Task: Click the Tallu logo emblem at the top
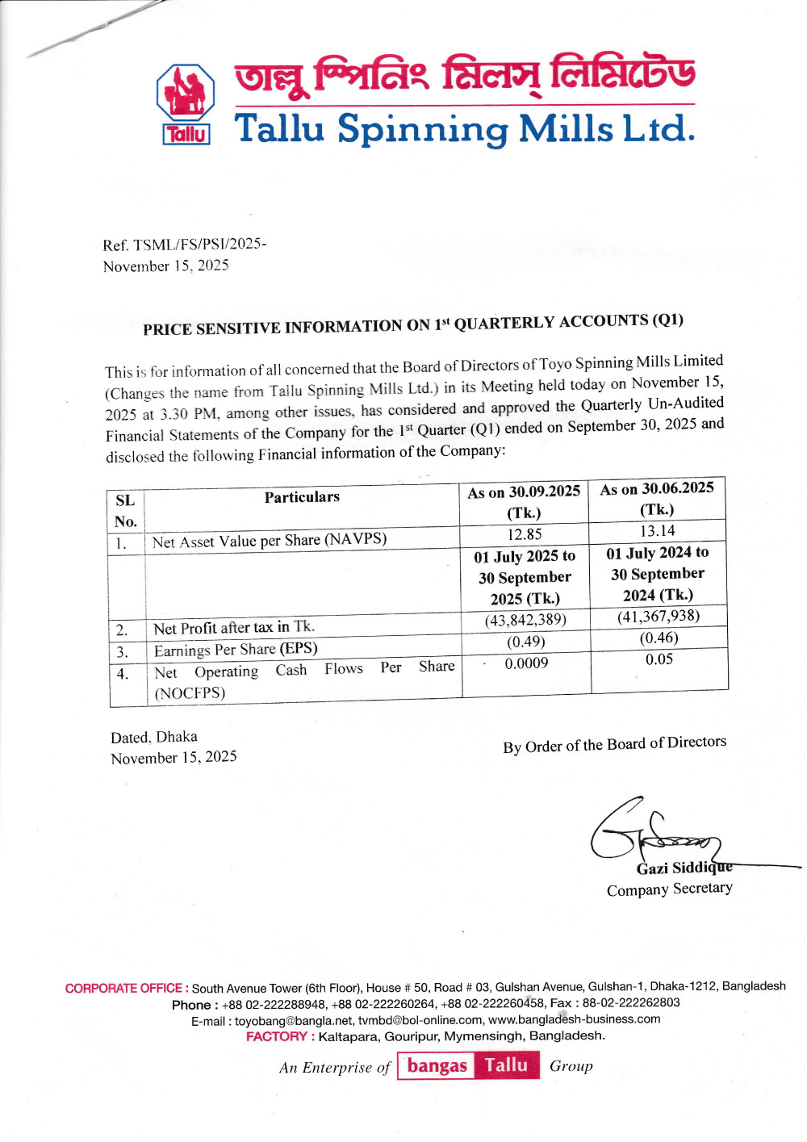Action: (x=186, y=103)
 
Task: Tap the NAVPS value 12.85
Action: (x=525, y=534)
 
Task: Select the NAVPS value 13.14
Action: (x=657, y=531)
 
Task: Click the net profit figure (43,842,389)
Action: (x=525, y=620)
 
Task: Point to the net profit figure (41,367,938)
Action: (x=659, y=617)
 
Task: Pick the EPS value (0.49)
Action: (x=525, y=642)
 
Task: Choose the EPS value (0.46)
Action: (x=659, y=638)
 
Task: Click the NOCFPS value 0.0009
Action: (x=526, y=663)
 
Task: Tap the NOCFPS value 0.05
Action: (x=659, y=659)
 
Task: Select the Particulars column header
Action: (x=302, y=497)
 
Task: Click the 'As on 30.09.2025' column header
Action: (x=524, y=492)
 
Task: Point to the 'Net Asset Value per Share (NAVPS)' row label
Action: (x=270, y=540)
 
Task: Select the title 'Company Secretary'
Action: (x=669, y=889)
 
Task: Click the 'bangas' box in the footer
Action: (x=437, y=1066)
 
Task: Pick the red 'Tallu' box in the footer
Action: (x=506, y=1065)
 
